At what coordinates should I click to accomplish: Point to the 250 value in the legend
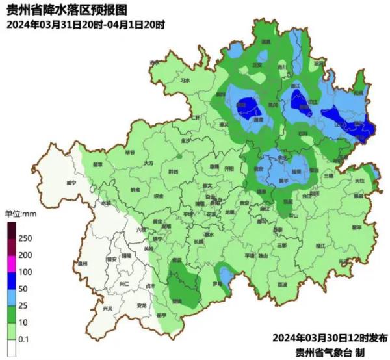[25, 238]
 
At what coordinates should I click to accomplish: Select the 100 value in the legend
[25, 272]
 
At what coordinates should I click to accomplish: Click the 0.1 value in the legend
[24, 339]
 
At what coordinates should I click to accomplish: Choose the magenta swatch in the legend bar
[11, 263]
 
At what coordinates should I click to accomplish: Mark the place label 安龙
[142, 306]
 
